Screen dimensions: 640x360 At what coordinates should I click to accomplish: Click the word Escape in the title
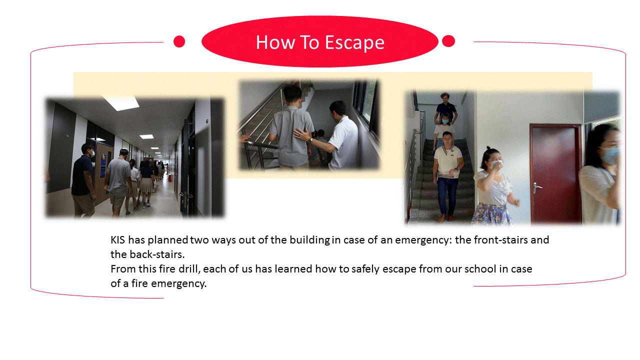coord(354,43)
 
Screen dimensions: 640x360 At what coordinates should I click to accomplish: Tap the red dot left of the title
coord(179,41)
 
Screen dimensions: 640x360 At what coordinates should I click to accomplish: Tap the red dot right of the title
coord(448,41)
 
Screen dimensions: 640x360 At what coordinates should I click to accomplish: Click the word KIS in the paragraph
coord(117,240)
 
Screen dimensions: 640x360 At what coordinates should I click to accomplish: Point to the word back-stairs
coord(157,254)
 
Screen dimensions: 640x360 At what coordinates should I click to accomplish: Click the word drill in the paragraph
coord(189,269)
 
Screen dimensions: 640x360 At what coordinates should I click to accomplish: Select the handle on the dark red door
coord(537,187)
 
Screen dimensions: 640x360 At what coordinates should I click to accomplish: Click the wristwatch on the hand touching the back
coord(309,140)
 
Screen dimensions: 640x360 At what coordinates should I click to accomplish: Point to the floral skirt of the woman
coord(491,213)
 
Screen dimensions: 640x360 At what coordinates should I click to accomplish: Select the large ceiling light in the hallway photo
coord(121,103)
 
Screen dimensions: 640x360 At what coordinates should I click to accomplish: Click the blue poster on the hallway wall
coord(103,165)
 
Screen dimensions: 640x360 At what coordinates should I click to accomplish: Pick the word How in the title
coord(275,43)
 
